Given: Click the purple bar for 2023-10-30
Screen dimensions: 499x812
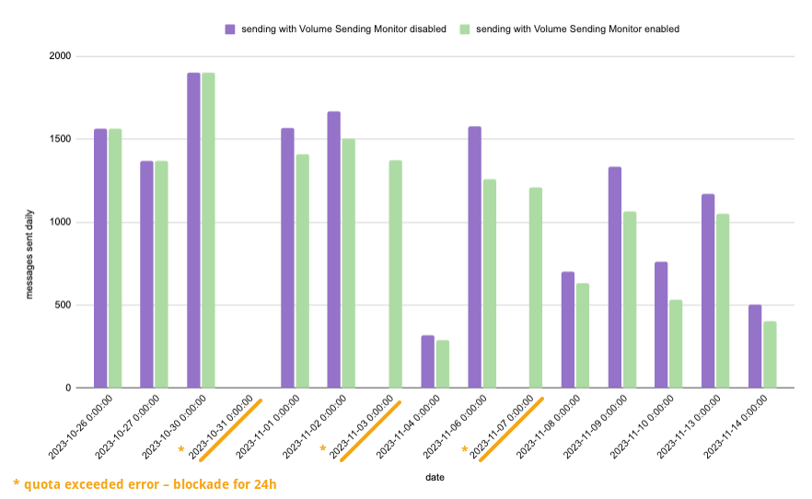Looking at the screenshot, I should pyautogui.click(x=193, y=230).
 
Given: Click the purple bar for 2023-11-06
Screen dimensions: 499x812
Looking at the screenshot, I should pyautogui.click(x=474, y=257).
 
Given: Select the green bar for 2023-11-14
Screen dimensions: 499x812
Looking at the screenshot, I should pyautogui.click(x=770, y=354).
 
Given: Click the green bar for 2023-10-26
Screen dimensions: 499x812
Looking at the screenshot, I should pyautogui.click(x=115, y=258).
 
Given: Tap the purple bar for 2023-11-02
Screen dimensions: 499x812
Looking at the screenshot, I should pyautogui.click(x=333, y=249).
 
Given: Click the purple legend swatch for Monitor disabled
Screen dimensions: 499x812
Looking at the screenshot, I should pyautogui.click(x=230, y=29).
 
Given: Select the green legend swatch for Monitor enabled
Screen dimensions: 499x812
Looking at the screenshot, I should pyautogui.click(x=465, y=29).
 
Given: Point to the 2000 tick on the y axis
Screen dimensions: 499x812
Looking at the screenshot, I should pyautogui.click(x=61, y=57).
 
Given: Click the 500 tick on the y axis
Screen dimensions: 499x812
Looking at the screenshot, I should pyautogui.click(x=64, y=306).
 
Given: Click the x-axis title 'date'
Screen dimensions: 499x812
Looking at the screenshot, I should pyautogui.click(x=435, y=477).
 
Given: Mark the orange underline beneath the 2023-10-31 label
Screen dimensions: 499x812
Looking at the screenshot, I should pyautogui.click(x=231, y=430).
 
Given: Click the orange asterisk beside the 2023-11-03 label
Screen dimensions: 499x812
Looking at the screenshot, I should pyautogui.click(x=323, y=449).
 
